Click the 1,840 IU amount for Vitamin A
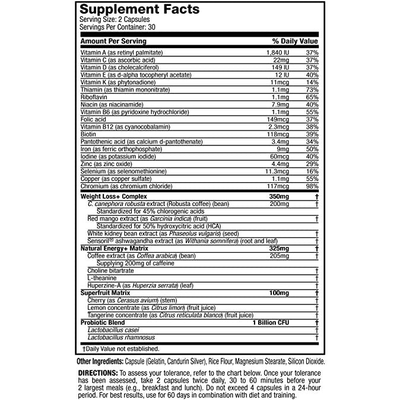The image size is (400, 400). pyautogui.click(x=276, y=53)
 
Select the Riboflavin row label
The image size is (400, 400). pyautogui.click(x=93, y=96)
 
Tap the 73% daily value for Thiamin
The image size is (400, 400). pyautogui.click(x=312, y=89)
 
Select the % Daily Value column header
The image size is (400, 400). pyautogui.click(x=295, y=42)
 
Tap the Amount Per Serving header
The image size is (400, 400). pyautogui.click(x=113, y=42)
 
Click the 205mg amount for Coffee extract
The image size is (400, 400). pyautogui.click(x=278, y=255)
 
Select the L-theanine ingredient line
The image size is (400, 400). pyautogui.click(x=103, y=278)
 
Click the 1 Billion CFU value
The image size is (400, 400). pyautogui.click(x=270, y=322)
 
